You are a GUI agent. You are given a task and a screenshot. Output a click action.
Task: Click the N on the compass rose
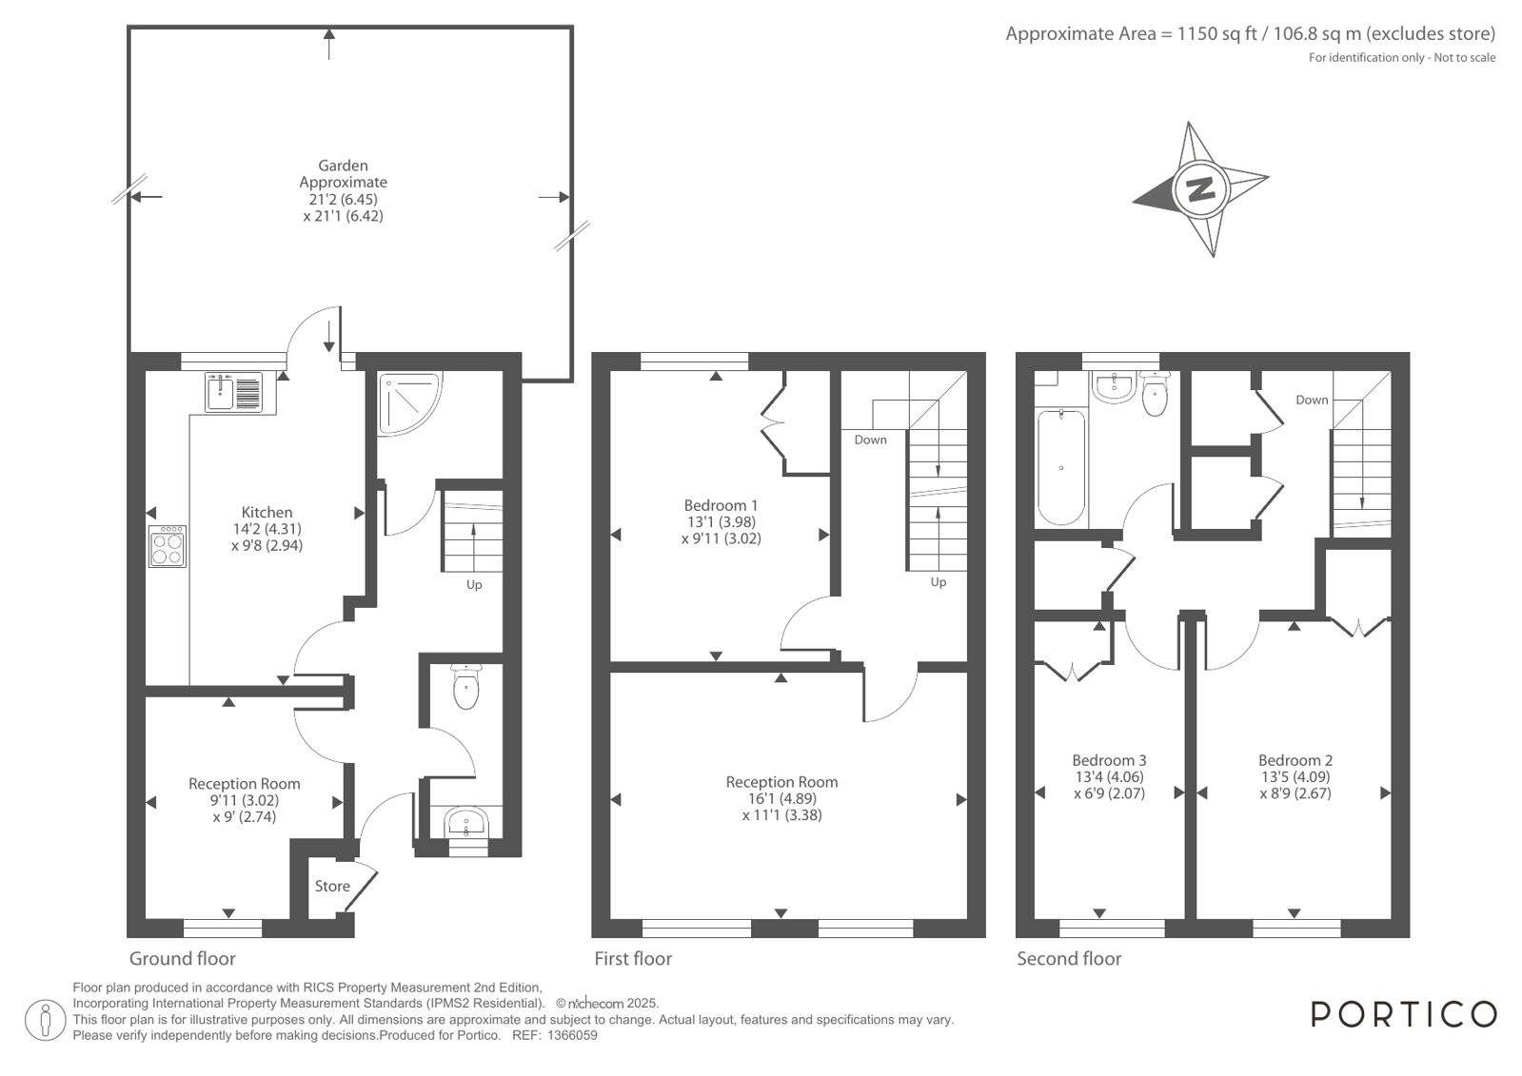(1200, 187)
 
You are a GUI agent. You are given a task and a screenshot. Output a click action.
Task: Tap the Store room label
(332, 886)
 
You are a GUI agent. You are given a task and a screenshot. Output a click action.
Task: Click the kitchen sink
(234, 393)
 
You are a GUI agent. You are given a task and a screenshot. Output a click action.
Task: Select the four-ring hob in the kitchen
(168, 546)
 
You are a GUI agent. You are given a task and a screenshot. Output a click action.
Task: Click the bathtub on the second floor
(1060, 467)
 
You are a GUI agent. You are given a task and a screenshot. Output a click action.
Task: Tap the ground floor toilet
(466, 687)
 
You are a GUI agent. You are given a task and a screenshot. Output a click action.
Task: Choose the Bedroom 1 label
(721, 505)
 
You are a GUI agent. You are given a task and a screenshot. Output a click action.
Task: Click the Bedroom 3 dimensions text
(1109, 785)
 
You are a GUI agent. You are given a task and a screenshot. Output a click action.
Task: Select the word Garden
(343, 166)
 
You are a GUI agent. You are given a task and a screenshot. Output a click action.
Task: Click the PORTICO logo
(1404, 1014)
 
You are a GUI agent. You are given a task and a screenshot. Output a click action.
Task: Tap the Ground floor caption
(182, 958)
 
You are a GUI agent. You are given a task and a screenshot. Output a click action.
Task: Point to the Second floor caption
(1069, 958)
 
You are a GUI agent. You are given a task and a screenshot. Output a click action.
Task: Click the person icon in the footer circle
(46, 1021)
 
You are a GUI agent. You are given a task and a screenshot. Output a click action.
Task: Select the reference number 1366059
(573, 1035)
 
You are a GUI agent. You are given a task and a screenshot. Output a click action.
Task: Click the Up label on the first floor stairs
(939, 582)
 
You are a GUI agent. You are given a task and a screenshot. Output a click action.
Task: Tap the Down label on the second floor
(1312, 401)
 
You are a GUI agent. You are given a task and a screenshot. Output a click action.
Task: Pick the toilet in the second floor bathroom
(1155, 393)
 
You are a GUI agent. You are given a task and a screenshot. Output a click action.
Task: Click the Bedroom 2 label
(1295, 760)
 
